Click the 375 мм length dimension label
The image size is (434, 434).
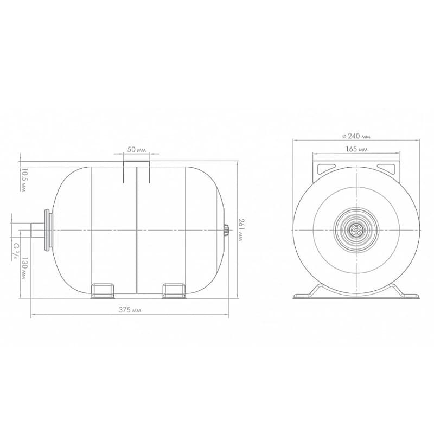point(130,310)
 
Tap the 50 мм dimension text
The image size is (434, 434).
point(136,150)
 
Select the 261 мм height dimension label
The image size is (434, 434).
point(241,230)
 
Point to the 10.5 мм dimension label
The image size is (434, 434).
point(24,180)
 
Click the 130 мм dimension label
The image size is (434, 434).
point(24,268)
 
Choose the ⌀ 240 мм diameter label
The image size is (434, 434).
point(356,136)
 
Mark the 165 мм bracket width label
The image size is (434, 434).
point(356,149)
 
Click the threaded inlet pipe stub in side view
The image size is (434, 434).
point(37,230)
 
